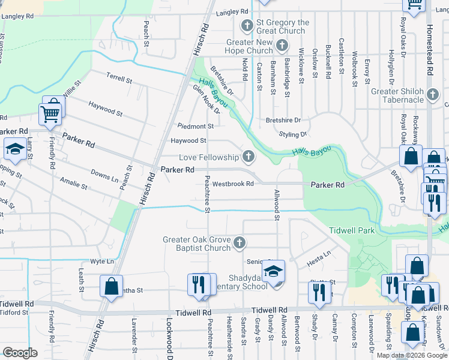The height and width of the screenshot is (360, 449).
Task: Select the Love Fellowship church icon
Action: (x=247, y=157)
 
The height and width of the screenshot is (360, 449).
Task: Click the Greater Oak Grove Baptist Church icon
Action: (x=239, y=243)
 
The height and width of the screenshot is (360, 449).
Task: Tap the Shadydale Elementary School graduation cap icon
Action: (x=273, y=272)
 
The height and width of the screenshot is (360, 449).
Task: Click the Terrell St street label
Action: (x=119, y=79)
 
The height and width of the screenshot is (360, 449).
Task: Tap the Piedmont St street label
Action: (x=196, y=126)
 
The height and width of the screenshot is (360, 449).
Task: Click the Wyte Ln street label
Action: (x=101, y=262)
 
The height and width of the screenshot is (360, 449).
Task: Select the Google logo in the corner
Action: (x=20, y=353)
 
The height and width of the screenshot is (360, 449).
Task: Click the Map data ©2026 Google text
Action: (x=411, y=355)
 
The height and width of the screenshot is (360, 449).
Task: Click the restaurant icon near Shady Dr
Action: (x=319, y=292)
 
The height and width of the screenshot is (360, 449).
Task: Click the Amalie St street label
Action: (x=74, y=184)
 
